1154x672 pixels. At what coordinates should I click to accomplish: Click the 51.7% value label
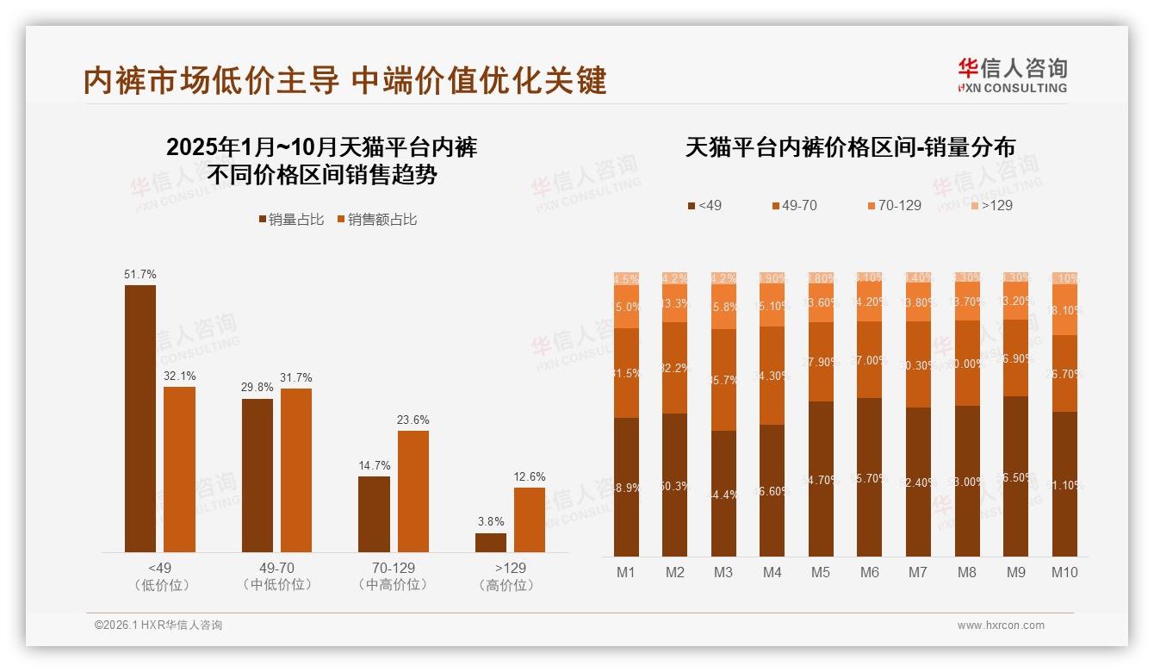click(x=140, y=275)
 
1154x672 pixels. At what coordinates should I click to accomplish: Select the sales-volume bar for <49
click(x=140, y=418)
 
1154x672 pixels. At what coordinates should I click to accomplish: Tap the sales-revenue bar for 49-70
click(x=296, y=470)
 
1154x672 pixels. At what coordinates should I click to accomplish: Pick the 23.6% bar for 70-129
click(x=413, y=491)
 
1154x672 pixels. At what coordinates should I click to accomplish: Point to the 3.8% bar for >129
click(x=491, y=543)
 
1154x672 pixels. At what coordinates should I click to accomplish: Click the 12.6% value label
click(x=530, y=477)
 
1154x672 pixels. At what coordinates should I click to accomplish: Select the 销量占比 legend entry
click(x=291, y=220)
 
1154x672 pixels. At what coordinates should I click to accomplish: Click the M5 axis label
click(x=820, y=572)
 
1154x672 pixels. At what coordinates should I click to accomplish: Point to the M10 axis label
click(x=1064, y=572)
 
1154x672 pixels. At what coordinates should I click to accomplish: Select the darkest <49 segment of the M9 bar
click(x=1016, y=476)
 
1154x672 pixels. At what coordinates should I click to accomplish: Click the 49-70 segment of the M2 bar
click(x=675, y=368)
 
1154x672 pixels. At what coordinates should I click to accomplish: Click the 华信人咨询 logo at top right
click(x=1012, y=75)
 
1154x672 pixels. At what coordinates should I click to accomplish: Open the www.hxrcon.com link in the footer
click(x=1001, y=625)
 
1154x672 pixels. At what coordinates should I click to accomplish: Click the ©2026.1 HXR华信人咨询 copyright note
click(x=158, y=625)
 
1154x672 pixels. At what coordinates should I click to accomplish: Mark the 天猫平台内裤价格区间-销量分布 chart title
click(x=850, y=147)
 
